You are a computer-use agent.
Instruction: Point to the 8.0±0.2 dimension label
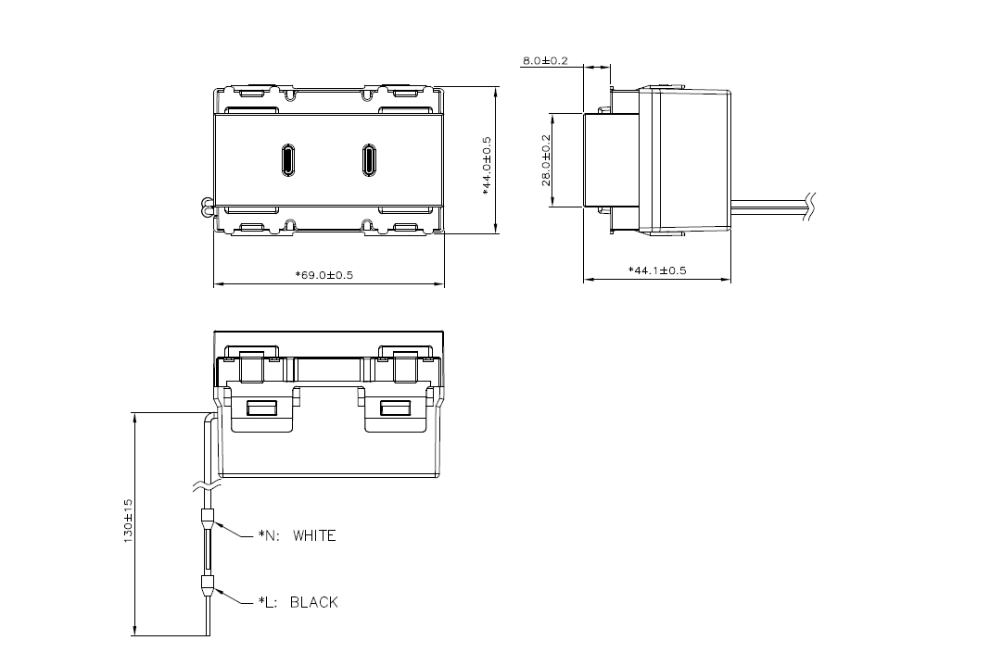(x=545, y=61)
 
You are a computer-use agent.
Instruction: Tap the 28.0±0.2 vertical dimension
(x=546, y=159)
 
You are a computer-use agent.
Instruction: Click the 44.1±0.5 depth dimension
(x=657, y=270)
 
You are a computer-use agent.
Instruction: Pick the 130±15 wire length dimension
(x=129, y=523)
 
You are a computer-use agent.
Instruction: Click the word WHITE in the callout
(x=314, y=535)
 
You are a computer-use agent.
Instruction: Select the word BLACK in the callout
(x=314, y=602)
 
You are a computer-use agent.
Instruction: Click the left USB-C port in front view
(x=287, y=160)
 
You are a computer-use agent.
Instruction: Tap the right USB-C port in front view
(x=369, y=160)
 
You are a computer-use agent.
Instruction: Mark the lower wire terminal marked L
(x=207, y=585)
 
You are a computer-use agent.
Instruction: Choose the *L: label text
(x=270, y=602)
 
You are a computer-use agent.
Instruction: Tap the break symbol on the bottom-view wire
(x=208, y=484)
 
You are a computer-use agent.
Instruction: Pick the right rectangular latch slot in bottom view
(x=397, y=408)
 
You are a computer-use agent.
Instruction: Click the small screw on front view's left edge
(x=204, y=207)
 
